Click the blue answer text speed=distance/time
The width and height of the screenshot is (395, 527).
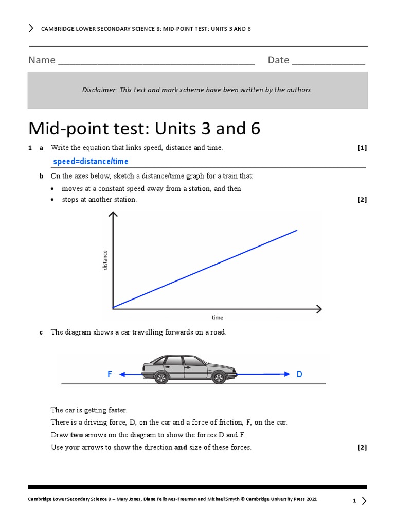click(91, 162)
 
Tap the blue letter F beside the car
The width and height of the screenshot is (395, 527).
click(110, 375)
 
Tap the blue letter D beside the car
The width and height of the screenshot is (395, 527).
click(299, 375)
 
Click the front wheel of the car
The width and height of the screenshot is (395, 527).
click(219, 378)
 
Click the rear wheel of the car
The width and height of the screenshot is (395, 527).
click(161, 378)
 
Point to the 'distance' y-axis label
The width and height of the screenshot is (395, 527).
click(105, 260)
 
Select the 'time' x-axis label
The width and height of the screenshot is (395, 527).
click(218, 318)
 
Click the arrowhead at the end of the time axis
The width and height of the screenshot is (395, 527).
click(319, 309)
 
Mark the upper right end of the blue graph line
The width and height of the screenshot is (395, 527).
click(297, 230)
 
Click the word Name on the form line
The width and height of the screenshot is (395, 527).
click(42, 60)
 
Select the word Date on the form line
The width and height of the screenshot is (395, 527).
click(278, 60)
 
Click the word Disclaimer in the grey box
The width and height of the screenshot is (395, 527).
click(99, 90)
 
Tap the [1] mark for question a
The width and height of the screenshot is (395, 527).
click(362, 148)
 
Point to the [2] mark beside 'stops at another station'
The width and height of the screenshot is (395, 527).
click(362, 200)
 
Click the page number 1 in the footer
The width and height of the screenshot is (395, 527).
click(354, 501)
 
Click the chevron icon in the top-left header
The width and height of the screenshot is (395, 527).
click(31, 28)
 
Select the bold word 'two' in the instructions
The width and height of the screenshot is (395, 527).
click(77, 435)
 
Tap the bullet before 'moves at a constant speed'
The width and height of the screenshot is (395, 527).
click(53, 189)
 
